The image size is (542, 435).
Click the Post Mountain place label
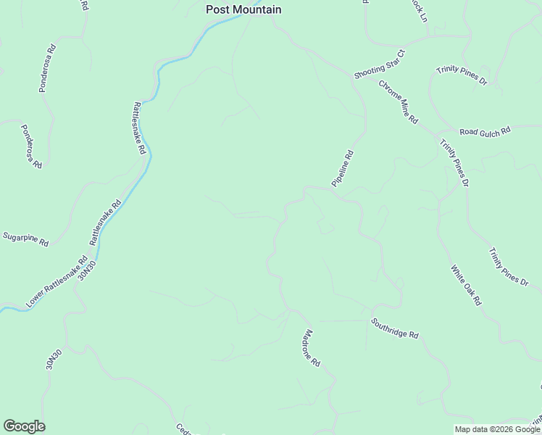click(x=243, y=9)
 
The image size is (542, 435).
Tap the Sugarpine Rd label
click(x=25, y=239)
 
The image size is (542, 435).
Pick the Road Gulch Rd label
click(x=485, y=131)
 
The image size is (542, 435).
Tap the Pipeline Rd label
click(x=343, y=169)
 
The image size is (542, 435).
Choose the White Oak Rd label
click(x=466, y=284)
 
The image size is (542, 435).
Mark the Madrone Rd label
click(x=311, y=347)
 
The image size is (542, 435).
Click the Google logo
click(x=24, y=426)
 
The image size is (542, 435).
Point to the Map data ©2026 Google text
click(x=497, y=429)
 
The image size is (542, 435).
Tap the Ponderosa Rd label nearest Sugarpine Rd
click(x=31, y=146)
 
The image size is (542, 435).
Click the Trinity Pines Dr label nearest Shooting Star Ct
click(x=461, y=75)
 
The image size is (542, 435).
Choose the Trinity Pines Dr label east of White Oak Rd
click(x=508, y=267)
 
